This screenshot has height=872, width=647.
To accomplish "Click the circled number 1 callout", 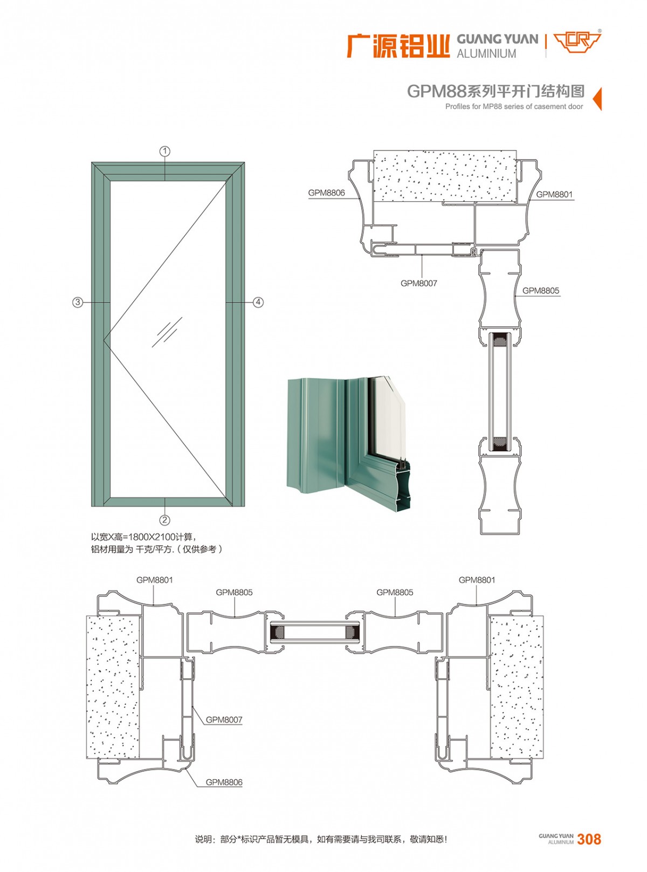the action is coord(164,152).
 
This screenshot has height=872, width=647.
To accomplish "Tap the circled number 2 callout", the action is coord(164,520).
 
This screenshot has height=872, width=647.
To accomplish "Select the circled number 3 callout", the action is coord(78,303).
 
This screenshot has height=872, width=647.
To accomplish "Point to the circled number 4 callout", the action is coord(258,303).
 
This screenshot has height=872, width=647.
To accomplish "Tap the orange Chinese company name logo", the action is coord(398,47).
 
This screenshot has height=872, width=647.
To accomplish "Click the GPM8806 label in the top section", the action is coord(326,193).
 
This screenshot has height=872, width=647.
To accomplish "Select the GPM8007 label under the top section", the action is coord(418,284).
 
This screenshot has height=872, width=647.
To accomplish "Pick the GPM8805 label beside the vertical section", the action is coord(540,291).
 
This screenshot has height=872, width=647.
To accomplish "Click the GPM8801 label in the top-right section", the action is coord(554,195).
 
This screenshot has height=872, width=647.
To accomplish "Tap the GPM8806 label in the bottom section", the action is coord(224,782).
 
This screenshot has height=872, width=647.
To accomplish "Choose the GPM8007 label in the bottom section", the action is coord(224,720).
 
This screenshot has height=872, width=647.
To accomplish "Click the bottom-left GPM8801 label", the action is coord(155,580).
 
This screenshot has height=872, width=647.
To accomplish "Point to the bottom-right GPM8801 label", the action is coord(477,580).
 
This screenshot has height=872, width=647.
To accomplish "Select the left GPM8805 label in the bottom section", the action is coord(235,593).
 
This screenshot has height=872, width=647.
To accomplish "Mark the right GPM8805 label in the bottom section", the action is coord(395,593).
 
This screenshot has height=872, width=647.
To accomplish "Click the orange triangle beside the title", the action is coord(597,99).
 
